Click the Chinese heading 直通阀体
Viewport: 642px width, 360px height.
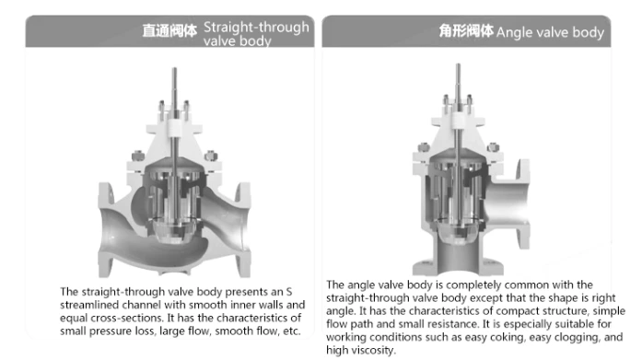[169, 30]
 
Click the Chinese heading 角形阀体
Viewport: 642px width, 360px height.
[466, 30]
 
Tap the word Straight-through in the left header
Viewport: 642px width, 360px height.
[256, 27]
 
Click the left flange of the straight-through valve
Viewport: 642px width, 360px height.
[106, 229]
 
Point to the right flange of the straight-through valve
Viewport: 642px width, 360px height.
[243, 229]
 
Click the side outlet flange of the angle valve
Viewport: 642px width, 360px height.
[524, 203]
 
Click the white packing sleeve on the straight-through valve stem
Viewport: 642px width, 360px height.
[174, 127]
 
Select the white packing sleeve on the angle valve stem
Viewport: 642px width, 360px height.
[459, 121]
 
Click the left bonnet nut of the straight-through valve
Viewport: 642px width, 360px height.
[137, 156]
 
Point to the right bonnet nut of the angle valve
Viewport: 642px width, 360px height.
[493, 147]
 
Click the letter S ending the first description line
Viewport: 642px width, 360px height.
[289, 292]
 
